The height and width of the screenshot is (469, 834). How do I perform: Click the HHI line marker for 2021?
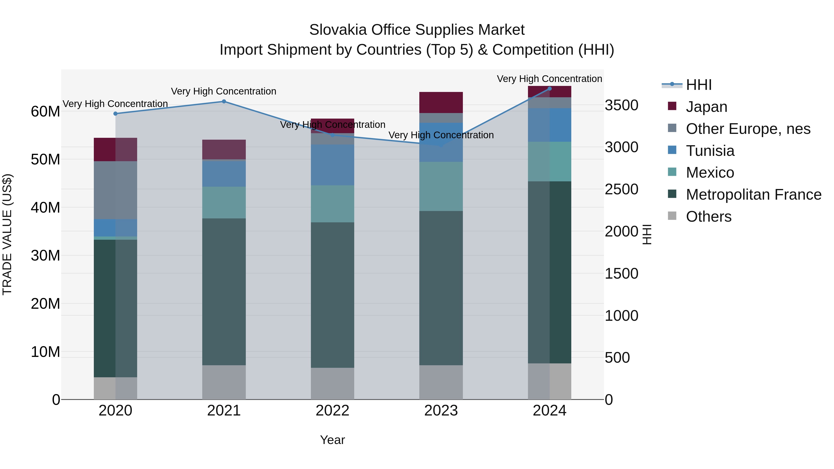pyautogui.click(x=224, y=102)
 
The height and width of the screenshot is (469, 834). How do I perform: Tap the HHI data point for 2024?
pyautogui.click(x=550, y=89)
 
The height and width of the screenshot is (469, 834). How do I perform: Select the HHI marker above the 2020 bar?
pyautogui.click(x=116, y=114)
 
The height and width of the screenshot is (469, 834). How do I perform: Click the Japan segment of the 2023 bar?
pyautogui.click(x=441, y=102)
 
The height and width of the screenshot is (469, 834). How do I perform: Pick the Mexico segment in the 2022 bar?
pyautogui.click(x=332, y=204)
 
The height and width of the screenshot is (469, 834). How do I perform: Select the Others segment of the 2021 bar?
pyautogui.click(x=224, y=382)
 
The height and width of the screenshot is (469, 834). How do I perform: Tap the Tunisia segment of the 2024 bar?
pyautogui.click(x=550, y=125)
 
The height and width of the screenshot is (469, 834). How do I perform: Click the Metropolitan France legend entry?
pyautogui.click(x=753, y=195)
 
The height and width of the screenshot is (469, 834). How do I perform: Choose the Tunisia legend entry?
pyautogui.click(x=710, y=151)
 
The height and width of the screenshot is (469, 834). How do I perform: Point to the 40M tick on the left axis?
pyautogui.click(x=45, y=208)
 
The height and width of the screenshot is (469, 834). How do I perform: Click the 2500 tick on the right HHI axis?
pyautogui.click(x=621, y=189)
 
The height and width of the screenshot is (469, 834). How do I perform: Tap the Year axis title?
pyautogui.click(x=332, y=440)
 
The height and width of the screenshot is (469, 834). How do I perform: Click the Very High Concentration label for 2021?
pyautogui.click(x=224, y=91)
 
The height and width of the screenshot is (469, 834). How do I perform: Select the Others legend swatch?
pyautogui.click(x=672, y=216)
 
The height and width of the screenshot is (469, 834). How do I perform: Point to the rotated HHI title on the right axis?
pyautogui.click(x=647, y=234)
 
